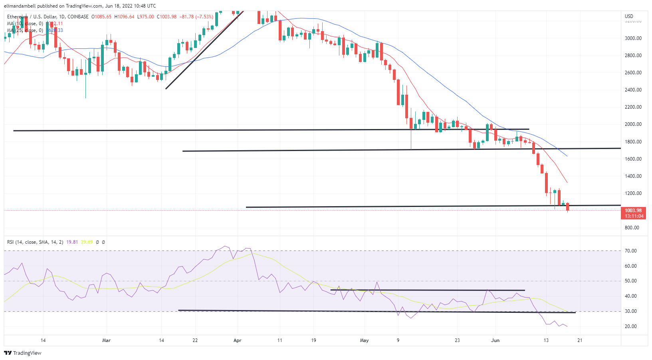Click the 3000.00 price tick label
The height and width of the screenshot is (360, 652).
pyautogui.click(x=633, y=38)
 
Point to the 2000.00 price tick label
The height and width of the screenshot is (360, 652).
pyautogui.click(x=633, y=124)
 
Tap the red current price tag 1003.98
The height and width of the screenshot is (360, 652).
pyautogui.click(x=633, y=211)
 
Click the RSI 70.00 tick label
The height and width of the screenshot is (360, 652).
pyautogui.click(x=631, y=251)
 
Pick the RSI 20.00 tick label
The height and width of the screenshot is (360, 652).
pyautogui.click(x=631, y=326)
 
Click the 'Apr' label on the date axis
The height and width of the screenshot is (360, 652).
pyautogui.click(x=238, y=340)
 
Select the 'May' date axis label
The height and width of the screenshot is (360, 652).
pyautogui.click(x=364, y=340)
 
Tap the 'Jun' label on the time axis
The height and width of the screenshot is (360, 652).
pyautogui.click(x=495, y=340)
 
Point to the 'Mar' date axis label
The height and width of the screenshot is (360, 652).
pyautogui.click(x=106, y=340)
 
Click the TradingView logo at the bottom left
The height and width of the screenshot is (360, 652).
pyautogui.click(x=22, y=353)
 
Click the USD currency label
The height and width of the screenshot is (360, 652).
pyautogui.click(x=629, y=16)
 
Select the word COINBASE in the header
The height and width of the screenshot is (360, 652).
pyautogui.click(x=78, y=17)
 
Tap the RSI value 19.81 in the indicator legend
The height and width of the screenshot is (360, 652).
pyautogui.click(x=72, y=242)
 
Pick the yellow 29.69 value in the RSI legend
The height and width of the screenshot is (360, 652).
pyautogui.click(x=87, y=242)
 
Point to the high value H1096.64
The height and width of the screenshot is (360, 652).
pyautogui.click(x=125, y=17)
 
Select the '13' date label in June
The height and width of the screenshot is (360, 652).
pyautogui.click(x=546, y=340)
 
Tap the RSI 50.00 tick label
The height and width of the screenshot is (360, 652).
pyautogui.click(x=631, y=281)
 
